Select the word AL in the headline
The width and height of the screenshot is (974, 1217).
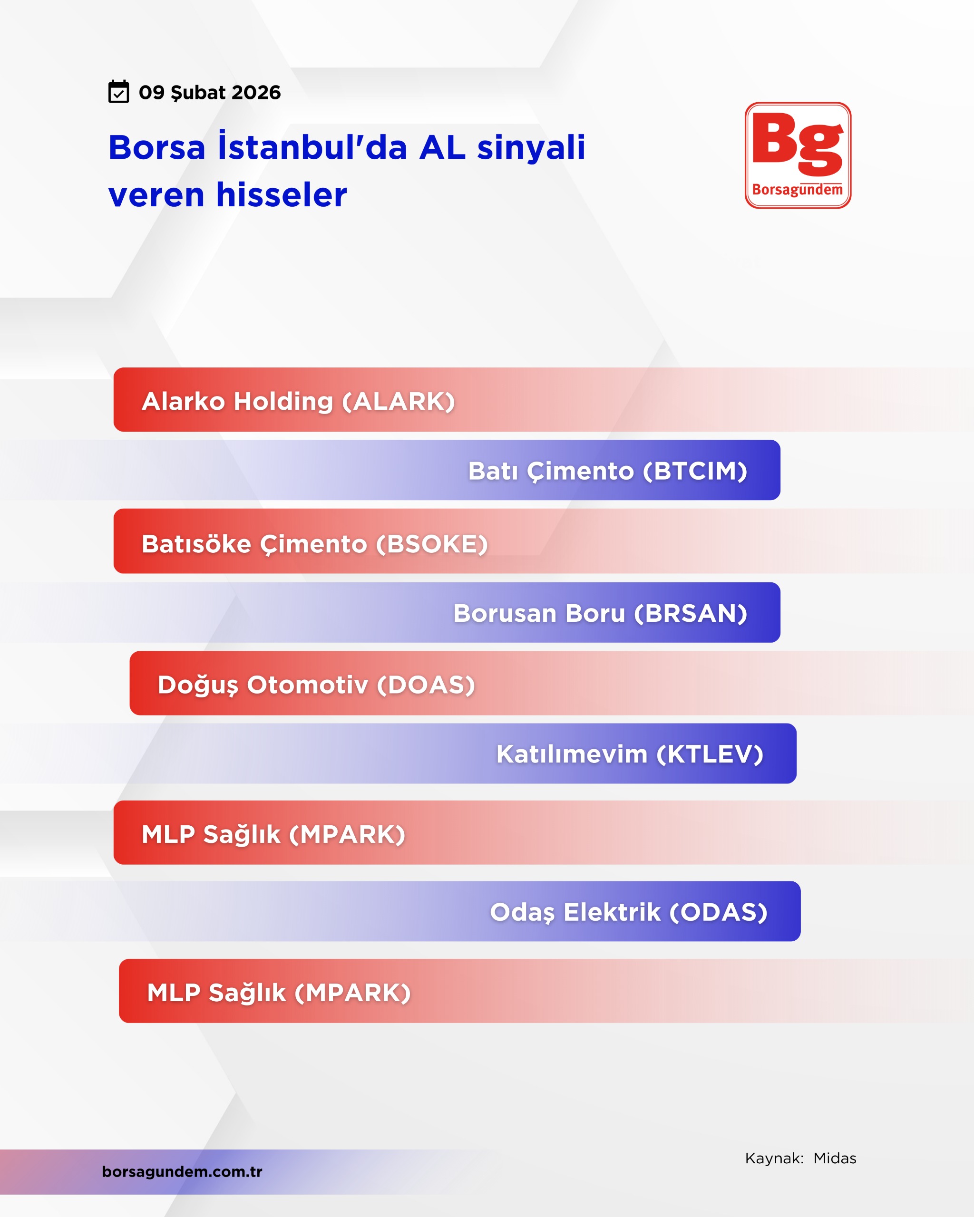pos(442,148)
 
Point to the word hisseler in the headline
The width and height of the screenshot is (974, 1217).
pos(281,195)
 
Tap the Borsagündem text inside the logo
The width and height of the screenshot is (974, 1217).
pos(797,190)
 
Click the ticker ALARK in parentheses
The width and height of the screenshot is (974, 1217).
pos(399,401)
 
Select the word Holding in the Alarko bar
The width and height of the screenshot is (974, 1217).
pos(283,401)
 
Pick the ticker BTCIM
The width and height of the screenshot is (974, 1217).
pos(695,471)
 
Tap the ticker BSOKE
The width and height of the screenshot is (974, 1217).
pos(432,544)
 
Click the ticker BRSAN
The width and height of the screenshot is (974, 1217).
pos(691,614)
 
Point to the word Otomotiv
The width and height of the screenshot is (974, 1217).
pos(308,685)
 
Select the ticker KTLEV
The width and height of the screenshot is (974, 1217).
pos(710,754)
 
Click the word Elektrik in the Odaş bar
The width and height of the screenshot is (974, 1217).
pos(612,912)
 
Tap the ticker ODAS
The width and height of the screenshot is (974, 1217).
pos(718,912)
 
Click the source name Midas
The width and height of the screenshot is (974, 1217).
pos(835,1159)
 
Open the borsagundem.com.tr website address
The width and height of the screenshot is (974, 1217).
pos(182,1171)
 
